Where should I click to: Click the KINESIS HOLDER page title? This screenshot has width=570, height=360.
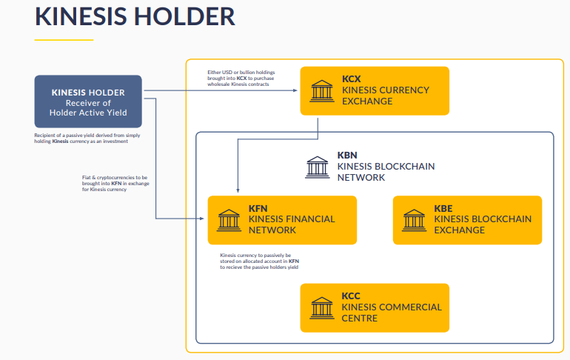[135, 16]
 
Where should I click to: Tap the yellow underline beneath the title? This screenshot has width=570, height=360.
[64, 40]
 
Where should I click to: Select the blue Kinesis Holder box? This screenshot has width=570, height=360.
[88, 101]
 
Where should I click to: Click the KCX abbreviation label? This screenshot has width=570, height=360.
[351, 79]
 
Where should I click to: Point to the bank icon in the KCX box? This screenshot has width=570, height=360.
[322, 91]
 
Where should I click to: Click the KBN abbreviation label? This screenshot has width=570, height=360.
[347, 156]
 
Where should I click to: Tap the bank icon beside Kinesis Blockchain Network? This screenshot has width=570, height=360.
[318, 167]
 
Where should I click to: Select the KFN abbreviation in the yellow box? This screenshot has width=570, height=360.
[258, 208]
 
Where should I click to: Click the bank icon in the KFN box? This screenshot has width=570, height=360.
[229, 220]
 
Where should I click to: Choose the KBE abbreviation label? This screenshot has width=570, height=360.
[443, 208]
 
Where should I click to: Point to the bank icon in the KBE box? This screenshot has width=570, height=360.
[414, 220]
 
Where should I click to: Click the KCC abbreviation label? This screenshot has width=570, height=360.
[351, 296]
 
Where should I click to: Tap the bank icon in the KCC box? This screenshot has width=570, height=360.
[322, 308]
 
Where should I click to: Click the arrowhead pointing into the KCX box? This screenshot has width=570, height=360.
[295, 90]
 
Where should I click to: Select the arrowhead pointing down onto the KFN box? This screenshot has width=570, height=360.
[238, 190]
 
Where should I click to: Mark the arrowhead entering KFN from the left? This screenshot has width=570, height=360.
[202, 219]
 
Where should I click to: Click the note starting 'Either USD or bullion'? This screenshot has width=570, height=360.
[241, 79]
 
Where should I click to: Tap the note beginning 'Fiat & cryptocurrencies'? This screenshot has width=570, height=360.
[115, 183]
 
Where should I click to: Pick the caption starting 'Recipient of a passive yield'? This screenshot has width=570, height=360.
[87, 139]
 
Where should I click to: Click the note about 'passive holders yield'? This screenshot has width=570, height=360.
[260, 261]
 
